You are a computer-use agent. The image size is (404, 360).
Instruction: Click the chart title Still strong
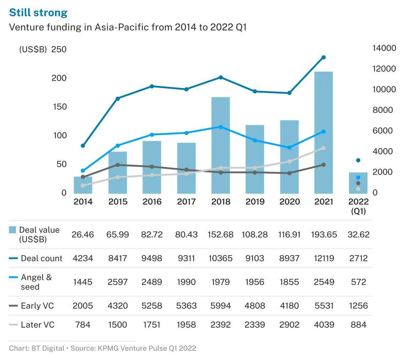pyautogui.click(x=38, y=12)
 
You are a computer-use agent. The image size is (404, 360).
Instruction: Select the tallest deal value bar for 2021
pyautogui.click(x=324, y=133)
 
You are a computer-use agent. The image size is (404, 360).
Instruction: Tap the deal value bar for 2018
pyautogui.click(x=220, y=145)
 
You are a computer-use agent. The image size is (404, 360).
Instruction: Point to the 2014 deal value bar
pyautogui.click(x=83, y=185)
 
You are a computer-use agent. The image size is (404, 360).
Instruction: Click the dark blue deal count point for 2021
pyautogui.click(x=324, y=57)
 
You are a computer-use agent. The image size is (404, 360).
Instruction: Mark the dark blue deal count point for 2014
pyautogui.click(x=83, y=145)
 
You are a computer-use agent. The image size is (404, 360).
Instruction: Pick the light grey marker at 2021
pyautogui.click(x=324, y=148)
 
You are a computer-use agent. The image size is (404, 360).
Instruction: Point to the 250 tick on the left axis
pyautogui.click(x=59, y=49)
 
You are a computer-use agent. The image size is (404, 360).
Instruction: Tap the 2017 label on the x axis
pyautogui.click(x=186, y=202)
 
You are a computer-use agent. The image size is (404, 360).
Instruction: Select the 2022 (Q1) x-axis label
pyautogui.click(x=359, y=206)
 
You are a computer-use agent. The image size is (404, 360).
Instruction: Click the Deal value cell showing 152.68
pyautogui.click(x=220, y=234)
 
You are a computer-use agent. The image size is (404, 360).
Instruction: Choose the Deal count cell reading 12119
pyautogui.click(x=324, y=258)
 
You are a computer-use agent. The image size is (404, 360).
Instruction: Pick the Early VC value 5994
pyautogui.click(x=220, y=305)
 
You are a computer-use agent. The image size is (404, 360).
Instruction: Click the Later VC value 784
pyautogui.click(x=83, y=325)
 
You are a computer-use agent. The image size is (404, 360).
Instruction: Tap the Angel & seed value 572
pyautogui.click(x=359, y=282)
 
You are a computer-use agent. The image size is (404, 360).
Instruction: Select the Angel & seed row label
pyautogui.click(x=36, y=282)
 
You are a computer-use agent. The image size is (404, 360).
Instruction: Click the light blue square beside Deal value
pyautogui.click(x=12, y=230)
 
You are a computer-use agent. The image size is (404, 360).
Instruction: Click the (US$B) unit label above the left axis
pyautogui.click(x=33, y=50)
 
